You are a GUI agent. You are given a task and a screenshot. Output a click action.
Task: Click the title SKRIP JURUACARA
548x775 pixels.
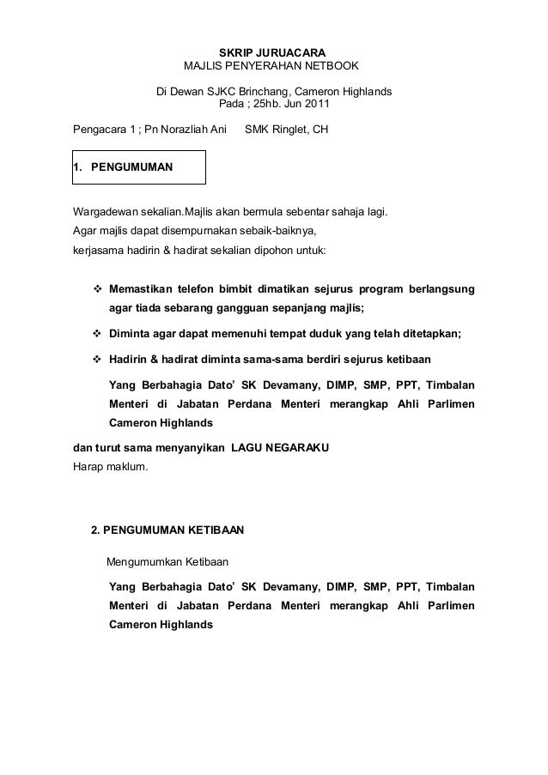(x=273, y=52)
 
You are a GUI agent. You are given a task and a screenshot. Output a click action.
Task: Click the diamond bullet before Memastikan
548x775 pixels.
(x=97, y=287)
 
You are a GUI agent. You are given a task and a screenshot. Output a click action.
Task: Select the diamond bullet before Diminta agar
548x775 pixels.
(x=97, y=333)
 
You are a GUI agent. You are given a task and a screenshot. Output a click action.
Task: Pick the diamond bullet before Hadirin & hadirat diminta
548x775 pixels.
(x=97, y=357)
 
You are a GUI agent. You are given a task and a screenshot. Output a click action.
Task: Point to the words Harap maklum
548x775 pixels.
(x=109, y=469)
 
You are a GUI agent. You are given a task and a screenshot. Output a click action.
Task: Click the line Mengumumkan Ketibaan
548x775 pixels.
(x=167, y=563)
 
